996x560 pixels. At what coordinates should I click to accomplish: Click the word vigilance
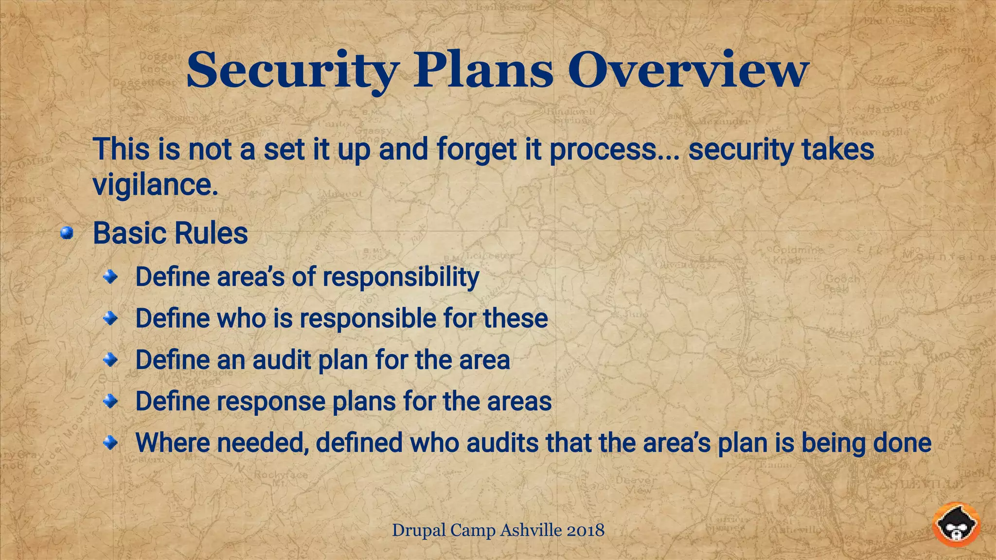(x=156, y=185)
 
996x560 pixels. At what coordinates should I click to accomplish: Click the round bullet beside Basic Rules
(x=67, y=234)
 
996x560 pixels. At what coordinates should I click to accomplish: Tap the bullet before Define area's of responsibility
(x=111, y=277)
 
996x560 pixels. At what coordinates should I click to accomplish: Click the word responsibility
(x=401, y=277)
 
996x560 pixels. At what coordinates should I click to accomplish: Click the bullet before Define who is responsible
(x=111, y=319)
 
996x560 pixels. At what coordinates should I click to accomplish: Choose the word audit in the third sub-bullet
(x=282, y=360)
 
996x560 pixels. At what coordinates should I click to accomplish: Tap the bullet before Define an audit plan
(x=111, y=360)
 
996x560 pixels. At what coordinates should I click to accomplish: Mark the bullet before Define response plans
(x=111, y=402)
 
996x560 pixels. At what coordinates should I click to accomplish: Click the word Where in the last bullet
(x=172, y=443)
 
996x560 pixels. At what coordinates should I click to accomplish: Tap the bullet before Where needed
(x=111, y=443)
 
